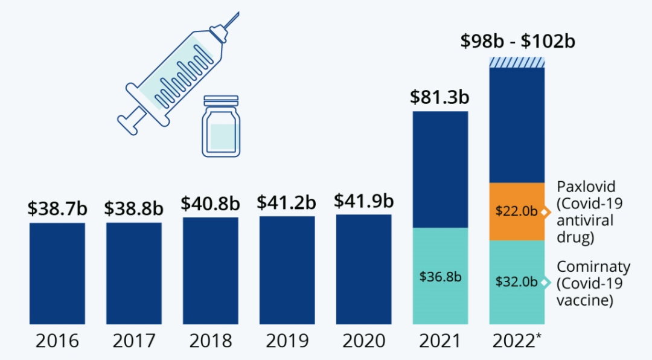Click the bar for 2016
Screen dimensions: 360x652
pyautogui.click(x=57, y=273)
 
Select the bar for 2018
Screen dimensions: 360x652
pyautogui.click(x=211, y=271)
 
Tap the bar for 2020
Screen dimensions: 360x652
pyautogui.click(x=363, y=269)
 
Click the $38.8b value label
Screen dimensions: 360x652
pyautogui.click(x=133, y=208)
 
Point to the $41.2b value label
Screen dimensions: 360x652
pyautogui.click(x=287, y=202)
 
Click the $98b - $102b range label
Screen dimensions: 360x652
pyautogui.click(x=517, y=42)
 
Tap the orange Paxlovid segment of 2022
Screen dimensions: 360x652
pyautogui.click(x=517, y=211)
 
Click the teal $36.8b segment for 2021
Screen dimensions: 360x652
pyautogui.click(x=440, y=275)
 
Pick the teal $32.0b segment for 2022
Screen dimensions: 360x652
pyautogui.click(x=517, y=281)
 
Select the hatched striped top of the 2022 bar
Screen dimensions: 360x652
pyautogui.click(x=517, y=62)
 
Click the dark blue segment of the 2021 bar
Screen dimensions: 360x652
pyautogui.click(x=440, y=169)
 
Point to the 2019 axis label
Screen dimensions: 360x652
pyautogui.click(x=287, y=341)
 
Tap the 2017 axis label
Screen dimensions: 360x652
pyautogui.click(x=133, y=341)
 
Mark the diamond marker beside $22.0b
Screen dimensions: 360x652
pyautogui.click(x=546, y=212)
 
